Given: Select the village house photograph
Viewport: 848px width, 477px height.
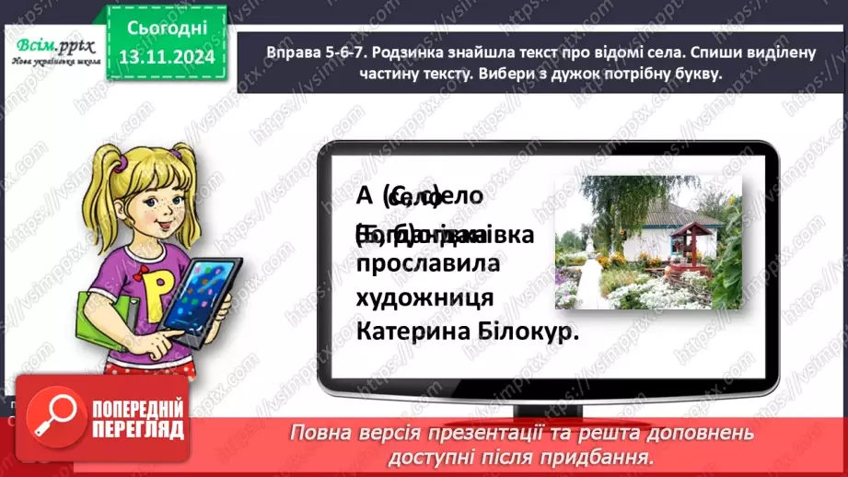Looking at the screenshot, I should (648, 242).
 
